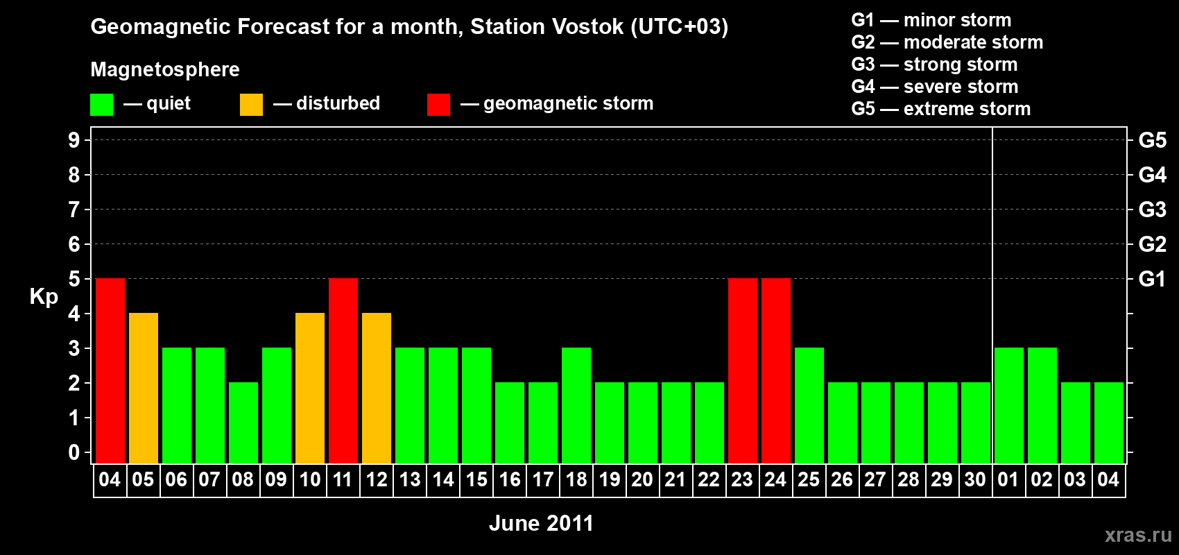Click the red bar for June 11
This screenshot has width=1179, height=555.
click(343, 370)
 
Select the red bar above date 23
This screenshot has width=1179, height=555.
click(743, 370)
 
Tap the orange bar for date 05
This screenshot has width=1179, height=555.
click(144, 388)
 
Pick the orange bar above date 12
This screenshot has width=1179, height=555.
click(377, 388)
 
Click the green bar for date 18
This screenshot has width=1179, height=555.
click(576, 405)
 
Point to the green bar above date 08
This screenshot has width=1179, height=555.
click(243, 422)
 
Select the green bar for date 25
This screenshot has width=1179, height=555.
click(809, 405)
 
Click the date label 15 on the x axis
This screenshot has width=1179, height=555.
click(476, 479)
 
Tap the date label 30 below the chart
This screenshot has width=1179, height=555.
click(975, 479)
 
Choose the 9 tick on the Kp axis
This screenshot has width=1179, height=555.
click(74, 140)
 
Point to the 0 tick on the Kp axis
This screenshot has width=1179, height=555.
click(74, 452)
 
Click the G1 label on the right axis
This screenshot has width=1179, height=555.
click(1153, 279)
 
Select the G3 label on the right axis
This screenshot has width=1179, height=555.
click(1153, 210)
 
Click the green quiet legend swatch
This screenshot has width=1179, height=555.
click(101, 104)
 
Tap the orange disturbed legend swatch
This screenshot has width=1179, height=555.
click(251, 104)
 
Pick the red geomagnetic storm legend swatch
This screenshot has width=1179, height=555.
click(439, 104)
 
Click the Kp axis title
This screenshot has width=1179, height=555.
click(44, 297)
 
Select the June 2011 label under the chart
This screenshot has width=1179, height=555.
click(541, 523)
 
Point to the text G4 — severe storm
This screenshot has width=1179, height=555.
click(935, 86)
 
